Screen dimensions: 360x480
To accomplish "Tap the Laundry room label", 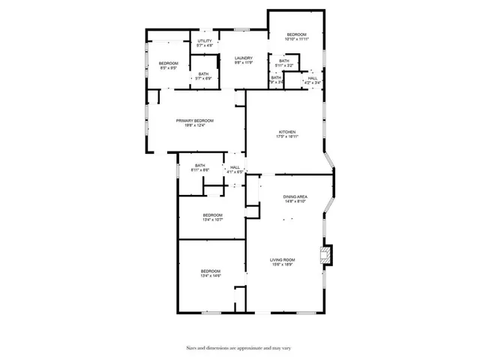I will pos(242,58).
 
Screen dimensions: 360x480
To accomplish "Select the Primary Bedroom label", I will pos(195,121).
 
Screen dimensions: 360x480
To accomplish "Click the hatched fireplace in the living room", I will pos(325,255).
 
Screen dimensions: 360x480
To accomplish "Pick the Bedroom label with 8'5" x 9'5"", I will pos(168,63).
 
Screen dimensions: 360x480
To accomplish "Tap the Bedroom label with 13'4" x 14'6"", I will pos(210,271).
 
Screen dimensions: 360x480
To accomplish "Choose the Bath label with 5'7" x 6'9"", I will pos(204,73).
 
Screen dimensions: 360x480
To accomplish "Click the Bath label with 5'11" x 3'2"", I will pos(283,61).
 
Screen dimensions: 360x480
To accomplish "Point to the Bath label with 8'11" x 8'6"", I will pos(200,166).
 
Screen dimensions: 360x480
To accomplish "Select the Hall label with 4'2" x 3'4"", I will pos(312,78).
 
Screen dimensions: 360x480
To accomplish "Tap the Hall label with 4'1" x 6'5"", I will pos(235,167).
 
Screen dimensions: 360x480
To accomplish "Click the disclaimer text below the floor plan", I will pos(239,347).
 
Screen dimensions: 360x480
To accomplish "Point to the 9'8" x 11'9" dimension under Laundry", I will pos(242,62).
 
